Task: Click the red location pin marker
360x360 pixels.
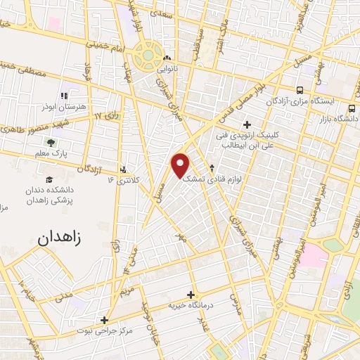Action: (181, 165)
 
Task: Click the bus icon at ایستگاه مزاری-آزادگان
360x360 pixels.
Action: (300, 91)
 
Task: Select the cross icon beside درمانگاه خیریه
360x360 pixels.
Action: (190, 295)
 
